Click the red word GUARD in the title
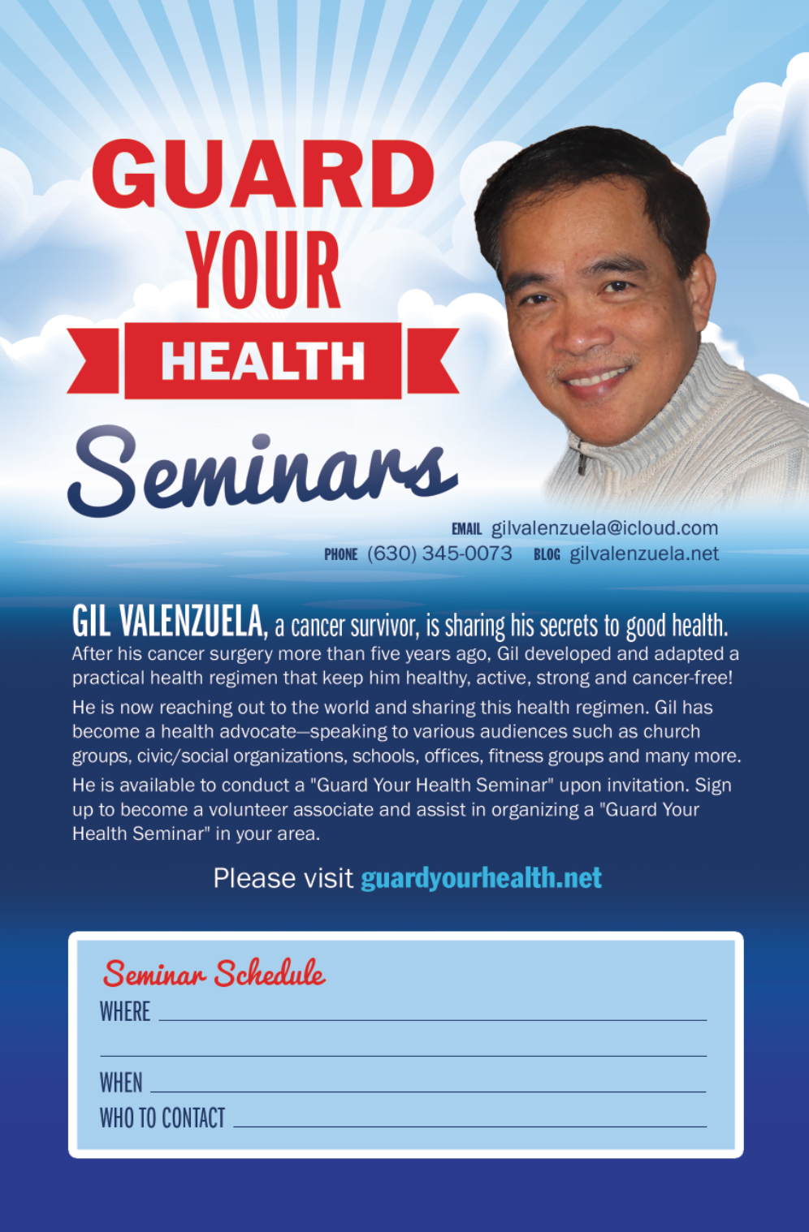[x=263, y=174]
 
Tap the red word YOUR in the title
[x=265, y=269]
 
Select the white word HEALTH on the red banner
[x=263, y=361]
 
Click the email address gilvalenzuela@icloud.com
[x=605, y=528]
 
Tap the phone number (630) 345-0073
[x=439, y=554]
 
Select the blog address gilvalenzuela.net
[x=644, y=554]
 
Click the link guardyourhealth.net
[x=481, y=878]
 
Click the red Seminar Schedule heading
[x=214, y=973]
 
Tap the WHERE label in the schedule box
[x=125, y=1011]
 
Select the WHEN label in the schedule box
[x=121, y=1083]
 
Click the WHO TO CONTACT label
[x=162, y=1118]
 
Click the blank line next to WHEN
[x=428, y=1092]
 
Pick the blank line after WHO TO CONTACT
[x=470, y=1127]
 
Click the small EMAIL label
[x=467, y=529]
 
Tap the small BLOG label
[x=547, y=555]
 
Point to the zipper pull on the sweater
[x=581, y=463]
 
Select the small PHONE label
[x=340, y=555]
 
